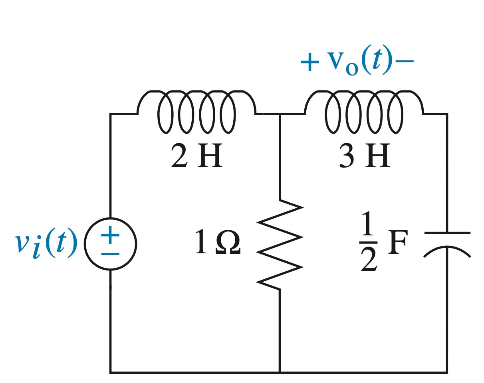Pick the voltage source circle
tap(111, 244)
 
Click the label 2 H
tap(196, 156)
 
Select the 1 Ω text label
tap(218, 242)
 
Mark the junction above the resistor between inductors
tap(280, 115)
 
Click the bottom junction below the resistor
tap(280, 372)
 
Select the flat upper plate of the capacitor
tap(447, 233)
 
